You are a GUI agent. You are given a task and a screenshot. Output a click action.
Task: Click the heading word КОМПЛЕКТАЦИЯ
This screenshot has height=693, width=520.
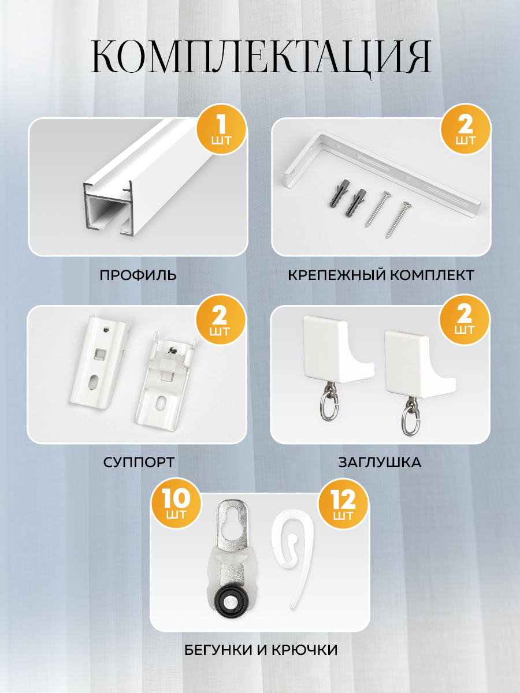[x=261, y=58]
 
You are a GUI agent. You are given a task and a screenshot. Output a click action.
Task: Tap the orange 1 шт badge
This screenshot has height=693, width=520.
[x=221, y=130]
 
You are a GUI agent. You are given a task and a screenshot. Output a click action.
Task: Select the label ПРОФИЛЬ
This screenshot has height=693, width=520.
[x=138, y=275]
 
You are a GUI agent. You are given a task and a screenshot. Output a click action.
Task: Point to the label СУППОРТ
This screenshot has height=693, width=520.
[x=139, y=462]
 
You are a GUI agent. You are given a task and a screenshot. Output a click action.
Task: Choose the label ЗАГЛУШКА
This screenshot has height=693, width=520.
[x=380, y=462]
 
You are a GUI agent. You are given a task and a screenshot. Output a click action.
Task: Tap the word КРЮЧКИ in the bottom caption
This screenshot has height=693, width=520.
[x=304, y=650]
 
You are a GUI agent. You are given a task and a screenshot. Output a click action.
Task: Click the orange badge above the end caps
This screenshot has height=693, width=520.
[x=465, y=319]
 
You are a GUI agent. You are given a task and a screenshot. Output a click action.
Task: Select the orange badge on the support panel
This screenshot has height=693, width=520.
[x=221, y=319]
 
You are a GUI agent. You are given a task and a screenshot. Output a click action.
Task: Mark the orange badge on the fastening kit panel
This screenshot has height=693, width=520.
[x=465, y=130]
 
